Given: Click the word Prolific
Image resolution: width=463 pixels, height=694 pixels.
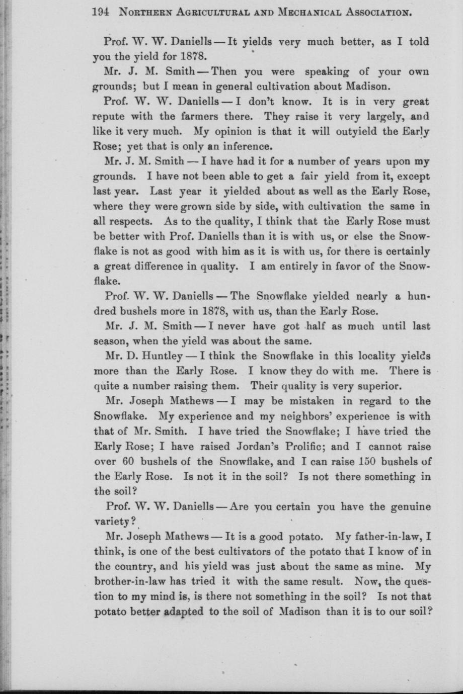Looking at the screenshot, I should pos(281,446).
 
